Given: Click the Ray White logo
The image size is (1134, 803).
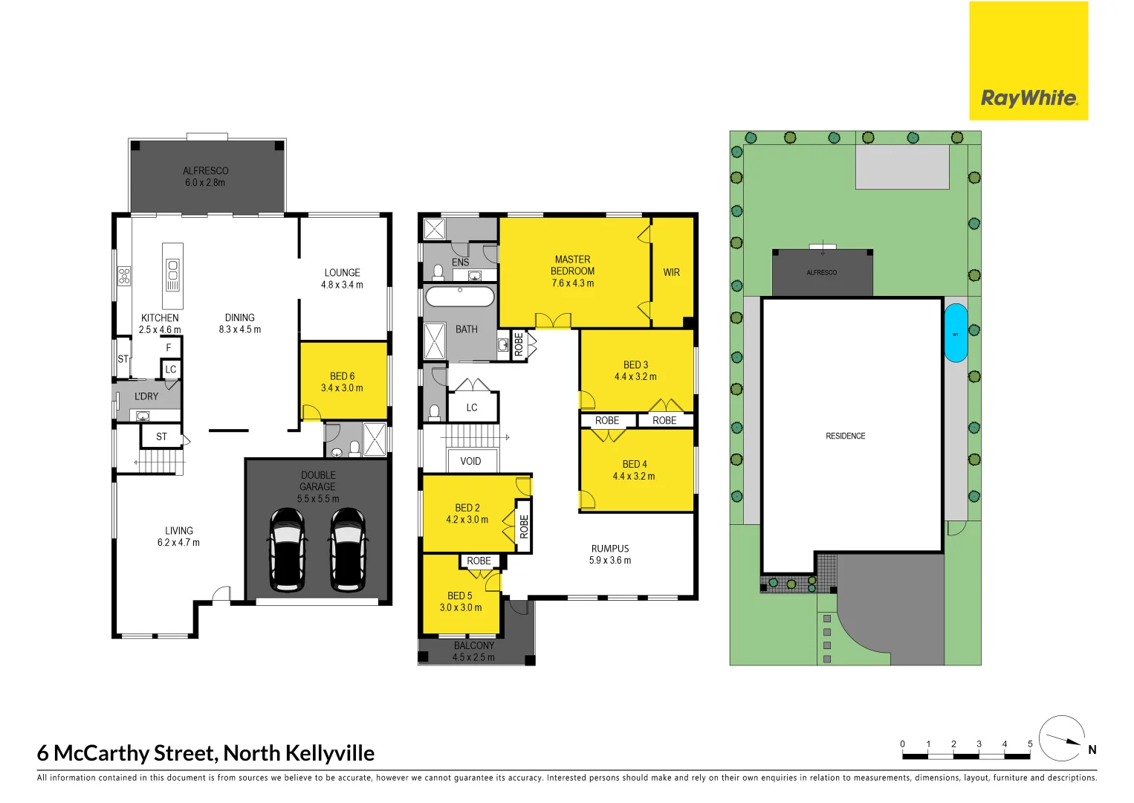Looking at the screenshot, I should point(1028,61).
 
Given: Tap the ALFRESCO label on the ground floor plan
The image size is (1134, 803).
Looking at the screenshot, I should point(206,171).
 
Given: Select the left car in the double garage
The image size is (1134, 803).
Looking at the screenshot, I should point(287,549).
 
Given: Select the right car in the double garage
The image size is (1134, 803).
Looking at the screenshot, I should point(348,549).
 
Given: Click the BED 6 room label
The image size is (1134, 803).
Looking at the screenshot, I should point(342,376).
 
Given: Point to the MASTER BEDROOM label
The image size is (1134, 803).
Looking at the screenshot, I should point(572,265).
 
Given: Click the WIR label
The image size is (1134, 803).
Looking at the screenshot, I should point(671,273).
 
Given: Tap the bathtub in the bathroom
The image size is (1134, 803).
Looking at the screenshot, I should point(459,297).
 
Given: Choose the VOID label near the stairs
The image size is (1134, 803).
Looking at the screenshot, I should point(470,462).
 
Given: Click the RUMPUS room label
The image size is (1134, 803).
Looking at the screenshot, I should point(610,549).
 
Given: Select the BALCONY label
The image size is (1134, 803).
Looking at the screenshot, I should point(474,645).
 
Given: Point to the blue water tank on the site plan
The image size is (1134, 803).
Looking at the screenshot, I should point(956,333).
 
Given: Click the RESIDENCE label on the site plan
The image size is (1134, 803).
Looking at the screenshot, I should point(846,436).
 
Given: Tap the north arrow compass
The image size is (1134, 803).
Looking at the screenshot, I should point(1061,739).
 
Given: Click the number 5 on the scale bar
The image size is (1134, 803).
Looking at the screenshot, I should point(1030,744).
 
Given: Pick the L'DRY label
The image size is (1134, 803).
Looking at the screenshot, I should point(146,397).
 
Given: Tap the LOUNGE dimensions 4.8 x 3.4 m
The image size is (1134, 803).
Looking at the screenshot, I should point(342,285).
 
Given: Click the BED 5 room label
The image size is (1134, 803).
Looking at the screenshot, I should point(460,596).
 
